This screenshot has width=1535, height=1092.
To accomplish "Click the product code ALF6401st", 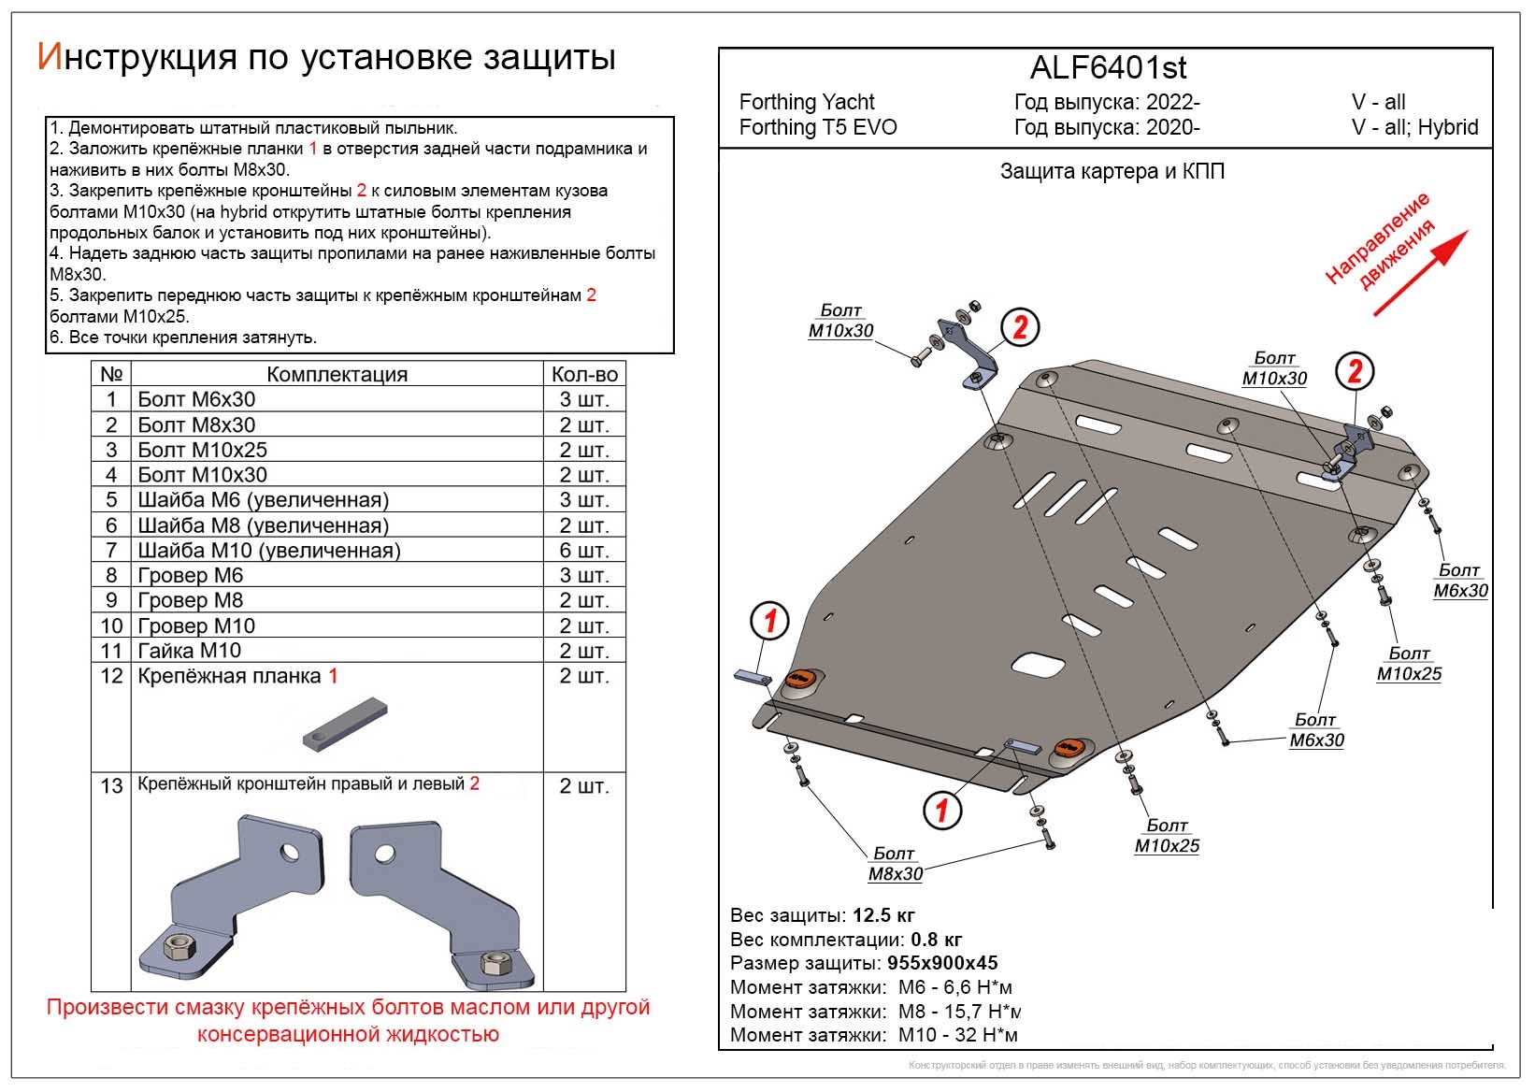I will tap(1108, 67).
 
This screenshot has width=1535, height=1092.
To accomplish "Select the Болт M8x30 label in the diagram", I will tap(895, 864).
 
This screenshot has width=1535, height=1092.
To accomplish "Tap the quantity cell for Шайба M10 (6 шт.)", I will tap(583, 551).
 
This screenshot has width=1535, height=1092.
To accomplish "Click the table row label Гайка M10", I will tap(189, 651).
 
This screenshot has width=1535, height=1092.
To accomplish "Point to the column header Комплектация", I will tap(337, 374).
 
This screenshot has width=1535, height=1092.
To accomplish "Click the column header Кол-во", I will tap(584, 374).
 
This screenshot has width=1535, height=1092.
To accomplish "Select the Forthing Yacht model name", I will tap(807, 102).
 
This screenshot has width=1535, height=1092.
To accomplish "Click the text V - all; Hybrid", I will tap(1414, 127).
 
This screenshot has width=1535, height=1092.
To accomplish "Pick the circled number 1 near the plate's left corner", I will tap(770, 620).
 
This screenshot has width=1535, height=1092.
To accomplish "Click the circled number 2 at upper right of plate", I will tap(1354, 372).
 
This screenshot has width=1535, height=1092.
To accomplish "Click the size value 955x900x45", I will tap(941, 963).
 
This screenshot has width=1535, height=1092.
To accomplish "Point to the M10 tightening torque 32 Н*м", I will tap(957, 1035).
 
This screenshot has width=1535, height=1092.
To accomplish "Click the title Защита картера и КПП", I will tap(1112, 171).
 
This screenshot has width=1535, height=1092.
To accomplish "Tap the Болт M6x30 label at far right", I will tap(1460, 581).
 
